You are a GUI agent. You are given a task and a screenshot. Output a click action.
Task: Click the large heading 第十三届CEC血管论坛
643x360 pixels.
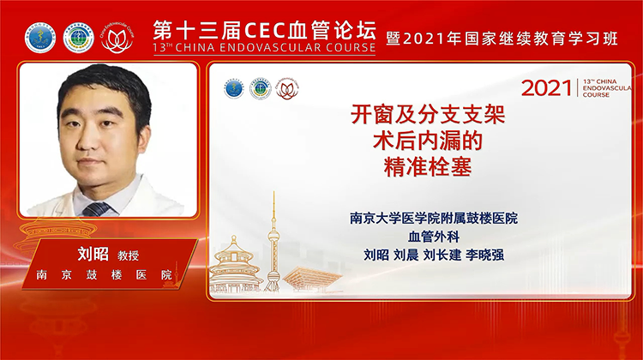coord(264,27)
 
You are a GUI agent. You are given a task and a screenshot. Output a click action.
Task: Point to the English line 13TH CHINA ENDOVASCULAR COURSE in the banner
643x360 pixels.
coord(264,48)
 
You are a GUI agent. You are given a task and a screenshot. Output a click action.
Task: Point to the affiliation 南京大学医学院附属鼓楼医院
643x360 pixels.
coord(434,219)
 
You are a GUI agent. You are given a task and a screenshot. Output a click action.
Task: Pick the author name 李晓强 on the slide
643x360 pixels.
coord(499,254)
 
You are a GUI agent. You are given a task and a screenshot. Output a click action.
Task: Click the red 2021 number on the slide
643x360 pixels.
coord(546,87)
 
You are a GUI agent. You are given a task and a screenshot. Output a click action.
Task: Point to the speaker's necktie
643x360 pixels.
coord(96,208)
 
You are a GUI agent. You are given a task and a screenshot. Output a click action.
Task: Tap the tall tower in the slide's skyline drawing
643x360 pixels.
coord(273,244)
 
